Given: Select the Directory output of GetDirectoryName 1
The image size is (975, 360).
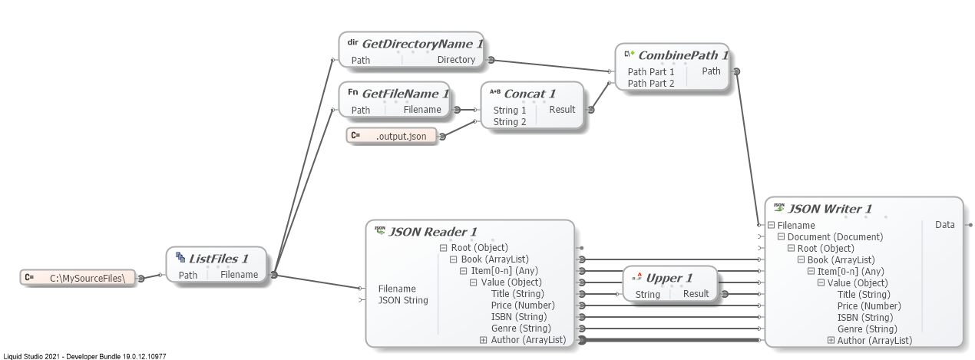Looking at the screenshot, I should (456, 60).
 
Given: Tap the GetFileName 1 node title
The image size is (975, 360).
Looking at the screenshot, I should (405, 94).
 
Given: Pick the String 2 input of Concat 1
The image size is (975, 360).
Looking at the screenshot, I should (510, 121).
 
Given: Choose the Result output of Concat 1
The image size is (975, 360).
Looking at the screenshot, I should (562, 110).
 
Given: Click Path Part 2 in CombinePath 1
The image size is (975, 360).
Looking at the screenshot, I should (651, 83).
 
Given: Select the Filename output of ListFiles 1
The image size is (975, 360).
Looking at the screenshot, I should (239, 275).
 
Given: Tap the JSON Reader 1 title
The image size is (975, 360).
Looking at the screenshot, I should (433, 232).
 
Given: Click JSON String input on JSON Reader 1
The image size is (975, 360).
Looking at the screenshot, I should (403, 300).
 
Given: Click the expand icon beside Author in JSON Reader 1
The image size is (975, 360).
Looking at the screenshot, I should (483, 340).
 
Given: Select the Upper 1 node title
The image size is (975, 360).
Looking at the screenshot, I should (669, 278).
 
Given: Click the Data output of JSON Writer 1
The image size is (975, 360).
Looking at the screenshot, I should (944, 225).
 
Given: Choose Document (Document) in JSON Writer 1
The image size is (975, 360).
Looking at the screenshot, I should (835, 237).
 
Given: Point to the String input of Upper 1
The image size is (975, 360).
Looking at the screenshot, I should (647, 294).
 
